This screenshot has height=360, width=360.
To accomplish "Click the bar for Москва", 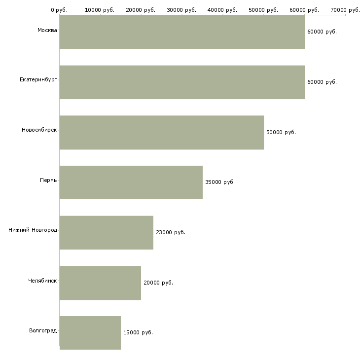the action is [182, 32].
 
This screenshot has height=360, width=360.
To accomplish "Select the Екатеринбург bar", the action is [182, 82].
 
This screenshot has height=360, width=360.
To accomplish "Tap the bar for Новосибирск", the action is [162, 133].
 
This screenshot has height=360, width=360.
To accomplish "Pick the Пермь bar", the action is [131, 182].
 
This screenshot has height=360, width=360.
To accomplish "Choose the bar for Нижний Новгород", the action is [107, 233].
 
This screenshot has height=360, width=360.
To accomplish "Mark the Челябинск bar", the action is [100, 283].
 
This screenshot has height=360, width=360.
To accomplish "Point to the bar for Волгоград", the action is [90, 333].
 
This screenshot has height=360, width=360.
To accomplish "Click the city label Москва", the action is [47, 30].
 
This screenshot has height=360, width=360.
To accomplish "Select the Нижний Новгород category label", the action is [33, 230].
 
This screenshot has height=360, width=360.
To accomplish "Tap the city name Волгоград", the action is [43, 330].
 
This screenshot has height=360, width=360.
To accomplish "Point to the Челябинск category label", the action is [42, 281].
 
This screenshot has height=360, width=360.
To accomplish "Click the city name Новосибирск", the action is [39, 130].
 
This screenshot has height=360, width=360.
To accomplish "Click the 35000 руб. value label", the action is [220, 182].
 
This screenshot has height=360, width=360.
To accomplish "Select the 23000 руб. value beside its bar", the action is [171, 232].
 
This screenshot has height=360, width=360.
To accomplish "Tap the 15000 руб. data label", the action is [138, 332].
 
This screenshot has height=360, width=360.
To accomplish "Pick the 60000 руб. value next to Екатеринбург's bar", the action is [322, 82].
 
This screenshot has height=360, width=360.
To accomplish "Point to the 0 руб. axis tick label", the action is [59, 10].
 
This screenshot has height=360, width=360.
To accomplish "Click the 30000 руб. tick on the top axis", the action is [181, 10].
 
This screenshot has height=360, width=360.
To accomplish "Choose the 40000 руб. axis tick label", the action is [222, 10].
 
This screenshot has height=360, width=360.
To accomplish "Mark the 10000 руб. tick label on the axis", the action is [100, 10].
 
